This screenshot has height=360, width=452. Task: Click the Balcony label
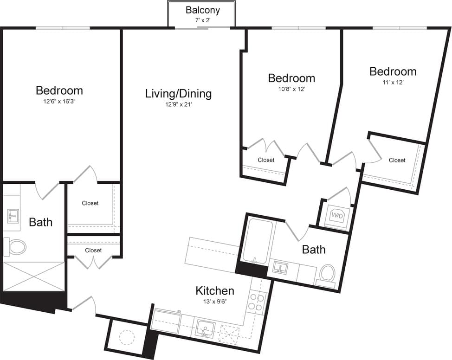click(x=202, y=10)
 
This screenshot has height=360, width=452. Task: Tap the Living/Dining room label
click(x=178, y=94)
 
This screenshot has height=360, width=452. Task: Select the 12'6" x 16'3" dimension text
click(x=59, y=102)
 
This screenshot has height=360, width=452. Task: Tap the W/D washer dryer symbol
click(x=336, y=216)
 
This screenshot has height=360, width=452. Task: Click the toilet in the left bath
click(x=15, y=246)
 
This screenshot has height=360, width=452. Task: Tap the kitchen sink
click(x=205, y=328)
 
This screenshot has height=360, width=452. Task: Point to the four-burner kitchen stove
click(x=257, y=301)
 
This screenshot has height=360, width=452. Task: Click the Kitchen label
click(x=214, y=291)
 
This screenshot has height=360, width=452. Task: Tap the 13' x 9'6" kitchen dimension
click(x=214, y=302)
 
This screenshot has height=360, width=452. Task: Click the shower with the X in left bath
click(x=34, y=276)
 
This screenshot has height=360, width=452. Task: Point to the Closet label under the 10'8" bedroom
click(x=266, y=160)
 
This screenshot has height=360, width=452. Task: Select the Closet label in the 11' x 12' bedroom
click(x=397, y=161)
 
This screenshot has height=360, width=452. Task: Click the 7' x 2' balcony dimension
click(x=202, y=21)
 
